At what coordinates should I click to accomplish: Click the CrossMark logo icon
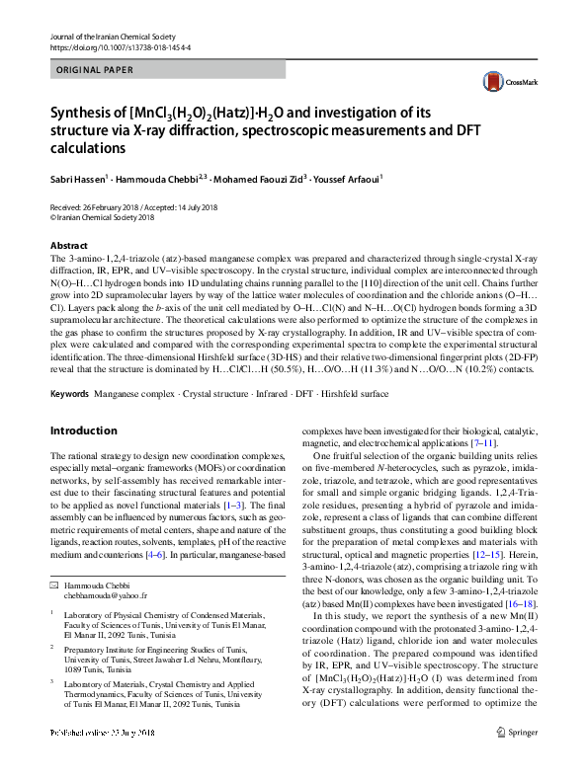[x=498, y=84]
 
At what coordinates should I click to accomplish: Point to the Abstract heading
[x=68, y=245]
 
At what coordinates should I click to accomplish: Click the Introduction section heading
[x=83, y=430]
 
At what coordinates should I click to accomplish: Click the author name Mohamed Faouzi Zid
[x=256, y=181]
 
